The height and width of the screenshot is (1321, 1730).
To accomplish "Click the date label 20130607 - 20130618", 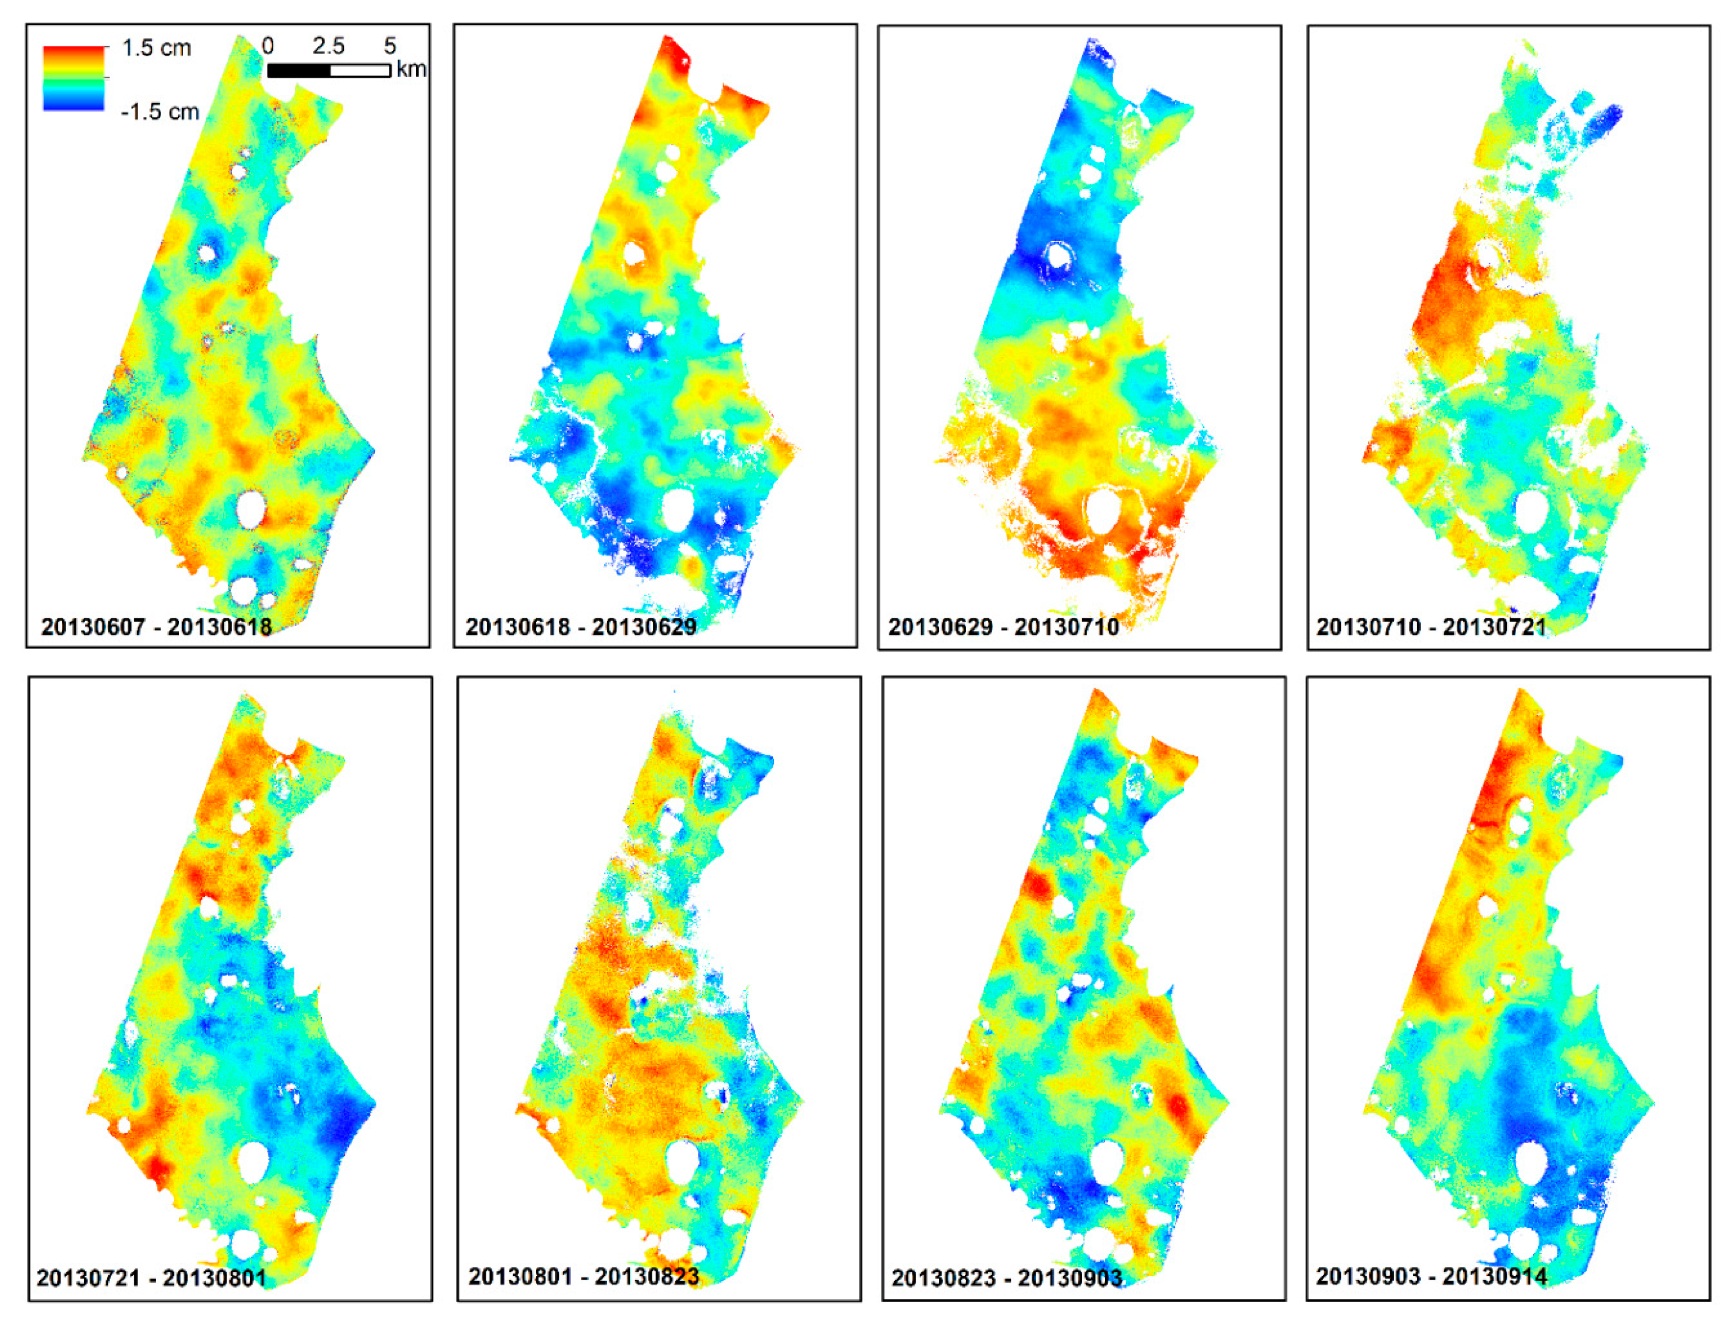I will pyautogui.click(x=156, y=627).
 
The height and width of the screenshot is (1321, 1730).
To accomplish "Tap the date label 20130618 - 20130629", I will pyautogui.click(x=581, y=627).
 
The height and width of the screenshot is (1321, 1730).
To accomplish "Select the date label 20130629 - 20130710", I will pyautogui.click(x=1004, y=627).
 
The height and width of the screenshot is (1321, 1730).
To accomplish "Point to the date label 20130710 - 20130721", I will pyautogui.click(x=1431, y=627).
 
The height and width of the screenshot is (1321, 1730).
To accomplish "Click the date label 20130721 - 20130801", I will pyautogui.click(x=151, y=1278).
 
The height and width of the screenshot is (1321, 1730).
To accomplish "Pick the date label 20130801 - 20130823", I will pyautogui.click(x=584, y=1276).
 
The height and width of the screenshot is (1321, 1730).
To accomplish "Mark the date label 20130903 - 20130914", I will pyautogui.click(x=1431, y=1276).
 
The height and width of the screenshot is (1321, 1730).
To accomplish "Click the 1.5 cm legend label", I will pyautogui.click(x=157, y=48).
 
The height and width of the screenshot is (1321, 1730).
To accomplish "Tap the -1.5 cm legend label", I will pyautogui.click(x=159, y=112).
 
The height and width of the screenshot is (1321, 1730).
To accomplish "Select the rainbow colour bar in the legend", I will pyautogui.click(x=73, y=78).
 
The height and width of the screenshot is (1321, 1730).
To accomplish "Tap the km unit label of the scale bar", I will pyautogui.click(x=411, y=69).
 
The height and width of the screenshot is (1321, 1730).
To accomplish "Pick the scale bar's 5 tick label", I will pyautogui.click(x=390, y=45).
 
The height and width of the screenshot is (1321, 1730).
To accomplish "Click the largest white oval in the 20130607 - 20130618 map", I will pyautogui.click(x=251, y=509).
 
